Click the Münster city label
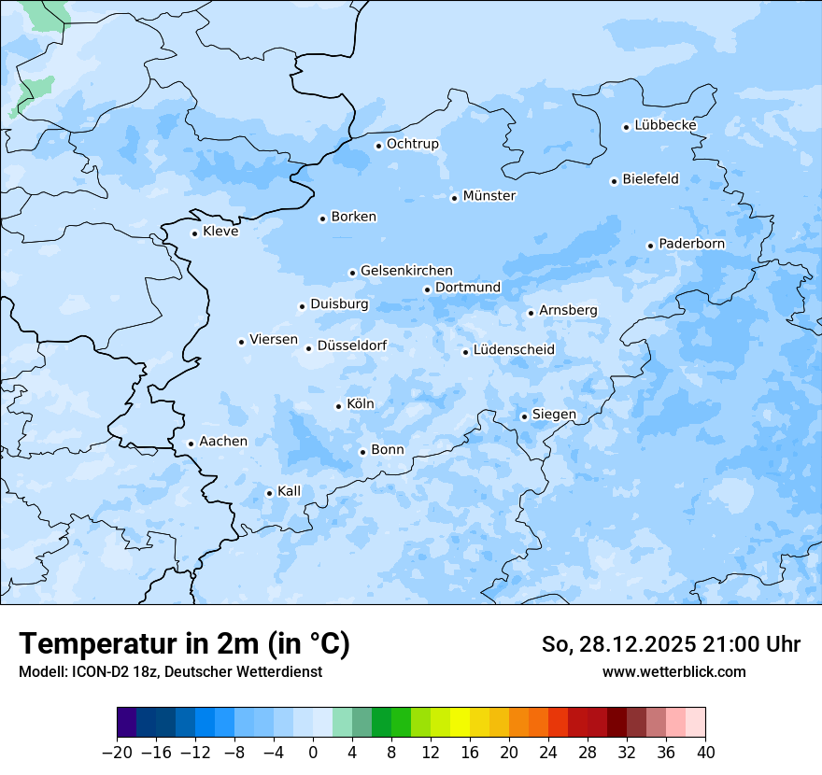[x=489, y=196]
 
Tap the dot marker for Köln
[x=339, y=406]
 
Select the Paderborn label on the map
[x=691, y=244]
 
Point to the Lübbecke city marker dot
[x=627, y=127]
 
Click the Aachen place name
[x=223, y=442]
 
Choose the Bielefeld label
[x=650, y=179]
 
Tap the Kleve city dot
[x=195, y=233]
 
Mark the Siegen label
[x=554, y=415]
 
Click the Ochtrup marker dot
[x=379, y=146]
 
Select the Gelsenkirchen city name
[x=406, y=271]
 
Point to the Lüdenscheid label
[x=514, y=350]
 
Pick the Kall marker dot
[x=270, y=493]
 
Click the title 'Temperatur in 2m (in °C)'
[x=184, y=644]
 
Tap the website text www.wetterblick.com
[x=673, y=671]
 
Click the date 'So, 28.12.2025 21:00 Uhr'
[x=671, y=644]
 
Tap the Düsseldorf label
[x=352, y=346]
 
